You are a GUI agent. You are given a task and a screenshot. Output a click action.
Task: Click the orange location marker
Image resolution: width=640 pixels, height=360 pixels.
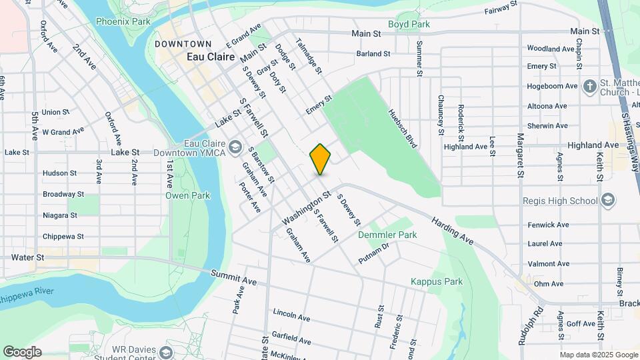(320, 159)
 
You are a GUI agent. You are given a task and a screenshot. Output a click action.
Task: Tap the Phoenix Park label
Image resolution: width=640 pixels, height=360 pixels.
(123, 21)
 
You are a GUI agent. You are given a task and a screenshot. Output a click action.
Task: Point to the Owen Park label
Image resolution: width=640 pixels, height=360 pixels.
(187, 195)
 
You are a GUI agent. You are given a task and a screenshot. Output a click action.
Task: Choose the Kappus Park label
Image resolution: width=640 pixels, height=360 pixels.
(437, 281)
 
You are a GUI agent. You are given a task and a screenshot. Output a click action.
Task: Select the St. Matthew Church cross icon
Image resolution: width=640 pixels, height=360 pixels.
(589, 86)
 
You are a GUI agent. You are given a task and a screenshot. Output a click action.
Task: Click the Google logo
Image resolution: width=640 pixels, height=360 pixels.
(22, 351)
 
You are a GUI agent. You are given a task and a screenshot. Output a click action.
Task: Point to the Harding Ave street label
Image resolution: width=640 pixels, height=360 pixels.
(452, 230)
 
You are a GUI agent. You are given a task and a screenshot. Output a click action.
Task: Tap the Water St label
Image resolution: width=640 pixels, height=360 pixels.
(27, 257)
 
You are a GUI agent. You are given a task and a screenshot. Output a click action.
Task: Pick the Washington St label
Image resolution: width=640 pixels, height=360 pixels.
(306, 209)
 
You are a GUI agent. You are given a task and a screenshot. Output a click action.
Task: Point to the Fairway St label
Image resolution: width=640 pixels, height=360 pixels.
(501, 9)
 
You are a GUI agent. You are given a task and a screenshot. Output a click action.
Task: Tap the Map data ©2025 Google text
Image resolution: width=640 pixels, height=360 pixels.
(599, 355)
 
